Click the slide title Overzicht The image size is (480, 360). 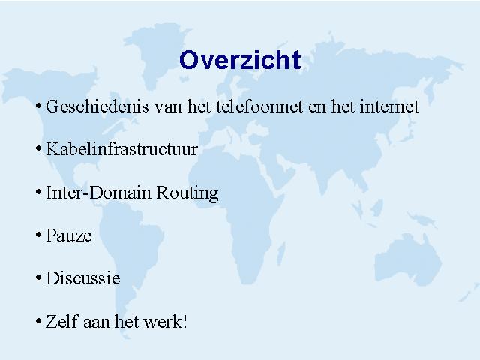point(240,60)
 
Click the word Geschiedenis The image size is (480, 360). point(97,106)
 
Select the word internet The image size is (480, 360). point(389,106)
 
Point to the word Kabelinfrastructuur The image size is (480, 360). point(121,149)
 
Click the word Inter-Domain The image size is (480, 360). point(98,193)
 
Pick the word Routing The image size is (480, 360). point(187,193)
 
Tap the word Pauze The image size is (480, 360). point(69,235)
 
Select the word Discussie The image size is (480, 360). point(83,278)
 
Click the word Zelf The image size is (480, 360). point(61,321)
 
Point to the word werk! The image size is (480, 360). point(165,321)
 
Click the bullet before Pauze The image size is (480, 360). point(38,235)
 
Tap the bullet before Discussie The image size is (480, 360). point(38,277)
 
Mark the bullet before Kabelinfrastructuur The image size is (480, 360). point(38,149)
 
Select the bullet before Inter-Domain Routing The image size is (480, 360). point(38,192)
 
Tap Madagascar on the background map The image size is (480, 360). point(281,253)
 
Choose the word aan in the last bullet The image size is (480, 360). point(97,322)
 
